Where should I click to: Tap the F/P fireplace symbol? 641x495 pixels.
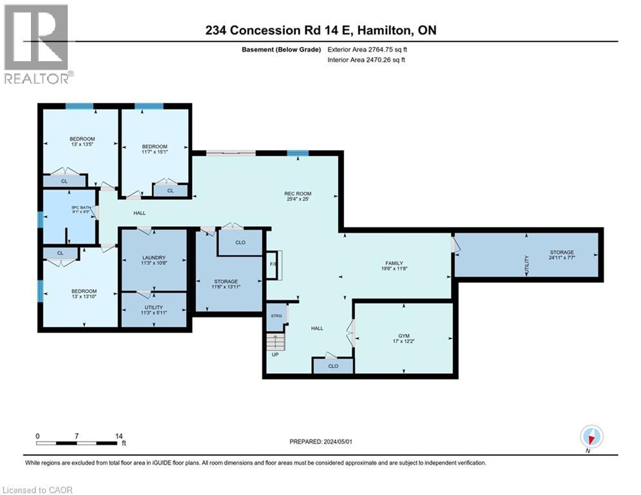273,264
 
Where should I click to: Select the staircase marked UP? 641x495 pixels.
275,341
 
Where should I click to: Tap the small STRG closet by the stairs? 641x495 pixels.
276,316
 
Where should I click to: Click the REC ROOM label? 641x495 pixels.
298,195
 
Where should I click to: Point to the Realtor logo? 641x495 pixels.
37,44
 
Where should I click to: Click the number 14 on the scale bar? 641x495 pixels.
119,436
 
